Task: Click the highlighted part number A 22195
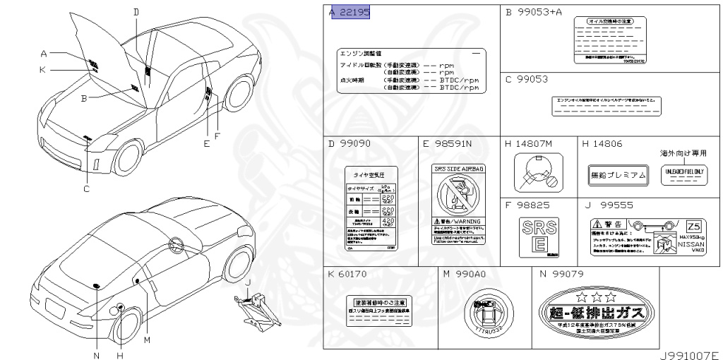click(350, 13)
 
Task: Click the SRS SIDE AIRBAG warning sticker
click(458, 204)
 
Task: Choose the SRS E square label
click(538, 235)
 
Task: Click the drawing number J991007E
click(689, 355)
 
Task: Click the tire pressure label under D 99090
click(371, 209)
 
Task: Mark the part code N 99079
click(561, 274)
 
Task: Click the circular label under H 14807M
click(537, 174)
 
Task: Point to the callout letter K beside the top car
click(43, 69)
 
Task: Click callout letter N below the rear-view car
click(97, 354)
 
